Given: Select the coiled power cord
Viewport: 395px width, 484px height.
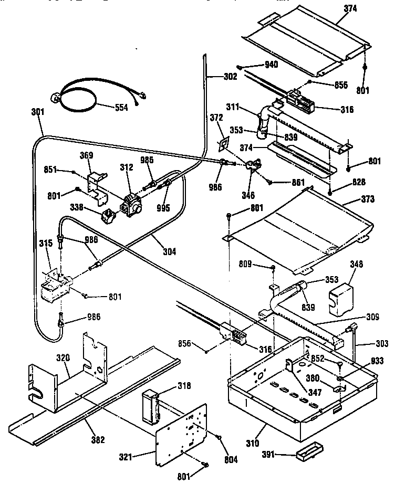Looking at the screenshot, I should point(79,96).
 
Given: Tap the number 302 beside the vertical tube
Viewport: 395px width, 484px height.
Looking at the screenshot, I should point(229,76).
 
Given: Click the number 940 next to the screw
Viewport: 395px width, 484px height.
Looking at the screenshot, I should point(271,65).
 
